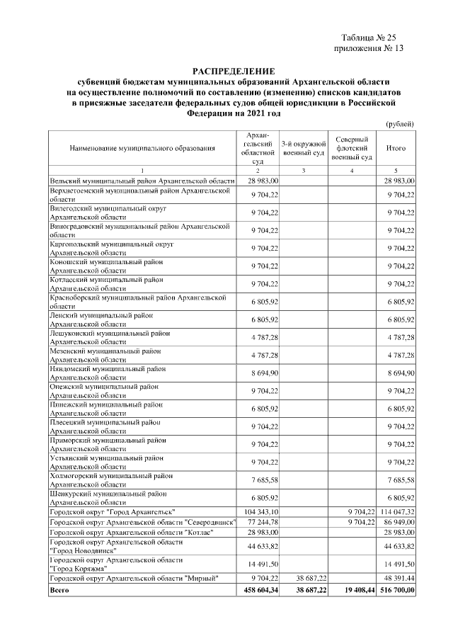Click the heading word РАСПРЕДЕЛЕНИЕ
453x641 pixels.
(233, 72)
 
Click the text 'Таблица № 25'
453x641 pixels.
(371, 37)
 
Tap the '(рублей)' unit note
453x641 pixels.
(399, 124)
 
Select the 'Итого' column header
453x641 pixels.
(396, 148)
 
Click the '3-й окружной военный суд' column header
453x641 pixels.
(303, 148)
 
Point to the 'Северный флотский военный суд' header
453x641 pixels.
(351, 148)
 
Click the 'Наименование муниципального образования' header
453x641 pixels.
(142, 148)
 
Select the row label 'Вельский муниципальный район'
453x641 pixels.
(142, 181)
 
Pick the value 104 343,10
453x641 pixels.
(261, 511)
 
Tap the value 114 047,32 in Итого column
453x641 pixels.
(396, 511)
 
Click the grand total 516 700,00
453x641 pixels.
(396, 589)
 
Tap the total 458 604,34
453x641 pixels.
(261, 589)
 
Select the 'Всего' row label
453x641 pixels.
(59, 589)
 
